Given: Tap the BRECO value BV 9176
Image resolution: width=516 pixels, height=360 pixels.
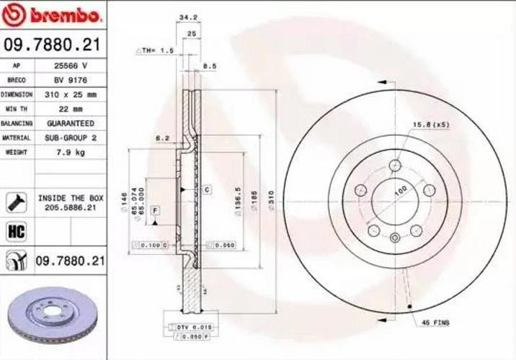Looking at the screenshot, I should pos(71,81).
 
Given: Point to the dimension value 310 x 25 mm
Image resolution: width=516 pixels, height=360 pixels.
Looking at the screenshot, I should pos(71,94).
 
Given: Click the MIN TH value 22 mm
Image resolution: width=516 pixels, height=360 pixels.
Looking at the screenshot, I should pos(71,109).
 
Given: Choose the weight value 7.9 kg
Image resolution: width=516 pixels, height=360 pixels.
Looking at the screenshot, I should pos(71,152).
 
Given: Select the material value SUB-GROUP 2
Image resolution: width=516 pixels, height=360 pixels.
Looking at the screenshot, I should pos(71,138).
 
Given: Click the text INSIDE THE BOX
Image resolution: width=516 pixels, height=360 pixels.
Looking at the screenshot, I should pos(71,197).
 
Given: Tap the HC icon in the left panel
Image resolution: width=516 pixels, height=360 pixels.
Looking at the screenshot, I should pos(16,231).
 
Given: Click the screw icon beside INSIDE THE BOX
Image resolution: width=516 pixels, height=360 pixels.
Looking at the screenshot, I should pos(16,202).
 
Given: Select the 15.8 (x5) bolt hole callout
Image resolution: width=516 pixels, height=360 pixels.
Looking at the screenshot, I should pos(431,125).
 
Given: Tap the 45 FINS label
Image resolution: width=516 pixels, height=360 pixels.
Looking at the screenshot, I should pos(435,323).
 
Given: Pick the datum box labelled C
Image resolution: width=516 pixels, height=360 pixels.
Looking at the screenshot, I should pos(206,189).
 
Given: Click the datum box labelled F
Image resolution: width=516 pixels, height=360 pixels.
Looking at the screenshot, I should pos(155,210).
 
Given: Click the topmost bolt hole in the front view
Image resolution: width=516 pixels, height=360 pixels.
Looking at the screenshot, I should pos(394,166).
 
